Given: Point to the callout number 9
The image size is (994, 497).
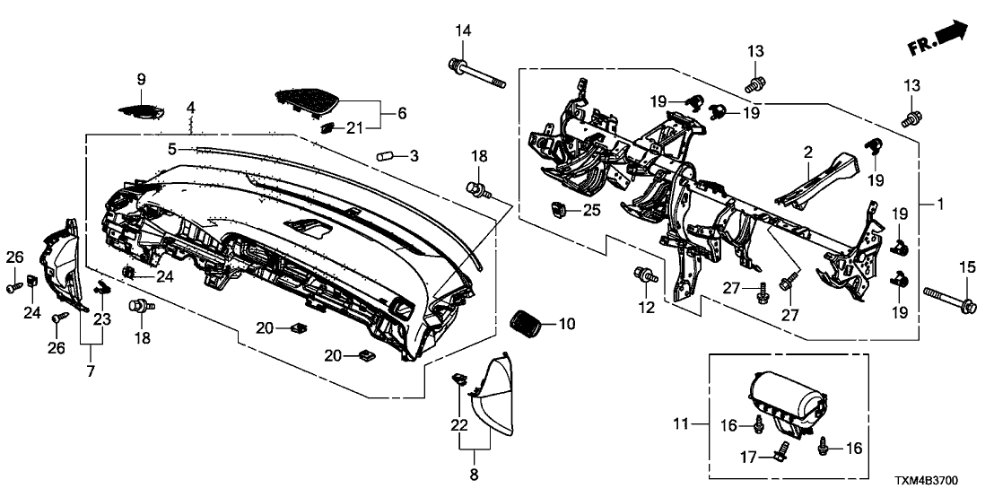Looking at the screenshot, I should click(141, 80).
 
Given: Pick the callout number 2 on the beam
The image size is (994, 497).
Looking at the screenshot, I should click(807, 153).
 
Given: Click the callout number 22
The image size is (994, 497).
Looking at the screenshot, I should click(460, 423).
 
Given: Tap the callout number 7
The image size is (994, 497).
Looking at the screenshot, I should click(90, 371).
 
